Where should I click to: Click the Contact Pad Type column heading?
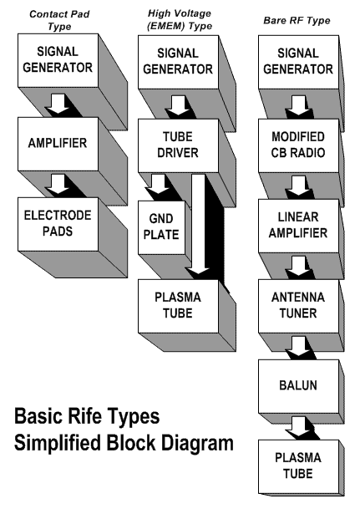(x=59, y=20)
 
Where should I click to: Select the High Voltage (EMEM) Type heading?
(x=180, y=20)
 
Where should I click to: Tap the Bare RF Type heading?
(x=297, y=20)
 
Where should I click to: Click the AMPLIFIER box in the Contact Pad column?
(x=58, y=144)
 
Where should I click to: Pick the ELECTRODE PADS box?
(x=58, y=224)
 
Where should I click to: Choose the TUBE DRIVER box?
(x=178, y=145)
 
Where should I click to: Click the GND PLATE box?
(x=161, y=227)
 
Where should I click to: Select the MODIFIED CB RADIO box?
(x=298, y=145)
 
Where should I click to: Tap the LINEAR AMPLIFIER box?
(x=298, y=226)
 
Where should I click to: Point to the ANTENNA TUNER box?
(x=298, y=306)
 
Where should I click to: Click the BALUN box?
(x=298, y=386)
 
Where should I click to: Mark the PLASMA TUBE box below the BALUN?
(x=298, y=466)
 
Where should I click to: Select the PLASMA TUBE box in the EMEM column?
(x=178, y=306)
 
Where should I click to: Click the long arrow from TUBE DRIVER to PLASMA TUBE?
(x=198, y=224)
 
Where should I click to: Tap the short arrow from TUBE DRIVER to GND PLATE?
(x=158, y=184)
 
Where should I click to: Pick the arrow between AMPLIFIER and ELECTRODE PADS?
(x=58, y=184)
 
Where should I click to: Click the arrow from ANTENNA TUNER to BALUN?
(x=298, y=346)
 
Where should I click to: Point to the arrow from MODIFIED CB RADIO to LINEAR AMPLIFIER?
(x=298, y=186)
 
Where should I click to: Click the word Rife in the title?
(x=86, y=416)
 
